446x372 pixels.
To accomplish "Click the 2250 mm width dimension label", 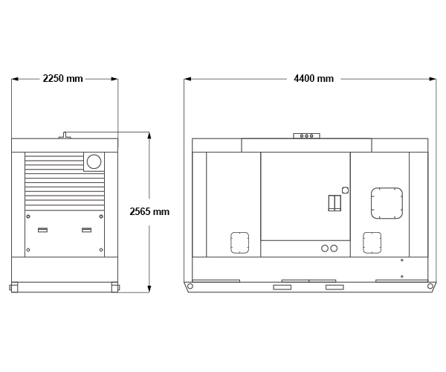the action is click(x=63, y=79).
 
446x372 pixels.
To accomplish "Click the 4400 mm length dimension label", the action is click(x=314, y=79).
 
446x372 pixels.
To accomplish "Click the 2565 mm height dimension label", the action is click(x=149, y=211).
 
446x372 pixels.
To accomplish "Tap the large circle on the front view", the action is click(x=94, y=161).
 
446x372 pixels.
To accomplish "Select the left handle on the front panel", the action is click(x=42, y=230).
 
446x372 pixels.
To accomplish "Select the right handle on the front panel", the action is click(x=87, y=230).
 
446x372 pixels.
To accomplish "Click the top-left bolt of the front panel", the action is click(x=28, y=217).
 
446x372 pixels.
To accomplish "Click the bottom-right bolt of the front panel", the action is click(x=101, y=250).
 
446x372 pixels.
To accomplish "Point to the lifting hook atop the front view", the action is click(x=65, y=135).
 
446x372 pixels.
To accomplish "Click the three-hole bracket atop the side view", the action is click(x=306, y=136).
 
